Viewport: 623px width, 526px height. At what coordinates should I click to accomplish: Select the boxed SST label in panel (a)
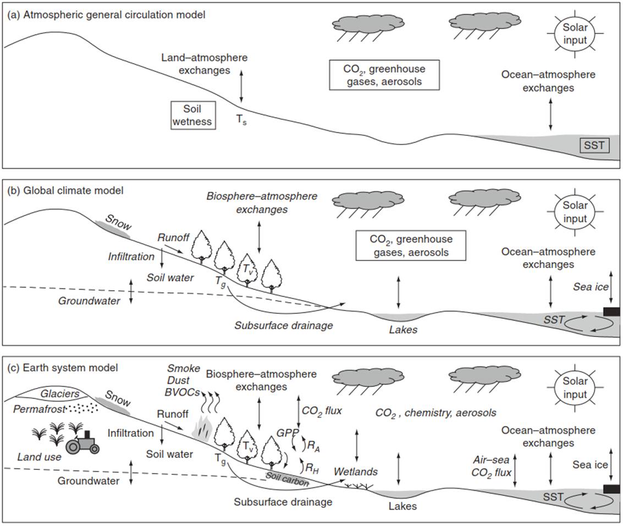pos(594,146)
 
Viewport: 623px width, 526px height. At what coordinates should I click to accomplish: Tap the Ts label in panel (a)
pos(241,119)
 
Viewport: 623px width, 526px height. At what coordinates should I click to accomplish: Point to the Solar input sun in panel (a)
pos(575,34)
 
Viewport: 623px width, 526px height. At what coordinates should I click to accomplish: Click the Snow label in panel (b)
pos(118,223)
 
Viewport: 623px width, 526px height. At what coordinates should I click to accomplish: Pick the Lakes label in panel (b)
pos(403,330)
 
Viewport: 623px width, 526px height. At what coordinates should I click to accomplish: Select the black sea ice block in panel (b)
pos(611,312)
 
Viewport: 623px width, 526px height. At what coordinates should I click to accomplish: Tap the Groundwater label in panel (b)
pos(89,301)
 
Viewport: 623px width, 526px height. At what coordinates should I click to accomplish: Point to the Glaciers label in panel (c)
pos(60,394)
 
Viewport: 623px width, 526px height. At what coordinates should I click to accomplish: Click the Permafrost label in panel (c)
pos(40,409)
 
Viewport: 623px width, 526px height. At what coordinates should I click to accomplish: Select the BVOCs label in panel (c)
pos(182,392)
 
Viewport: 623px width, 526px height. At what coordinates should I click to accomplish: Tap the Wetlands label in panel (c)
pos(356,472)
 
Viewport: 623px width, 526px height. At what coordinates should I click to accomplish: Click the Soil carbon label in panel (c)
pos(287,479)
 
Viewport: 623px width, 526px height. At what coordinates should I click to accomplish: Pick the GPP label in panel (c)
pos(287,433)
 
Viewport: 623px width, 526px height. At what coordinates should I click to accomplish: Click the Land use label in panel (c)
pos(40,457)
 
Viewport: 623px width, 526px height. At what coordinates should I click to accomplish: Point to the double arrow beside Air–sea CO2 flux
pos(515,470)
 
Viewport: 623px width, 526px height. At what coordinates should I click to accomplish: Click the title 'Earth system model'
pos(70,368)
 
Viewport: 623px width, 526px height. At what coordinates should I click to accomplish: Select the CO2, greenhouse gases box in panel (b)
pos(411,246)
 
